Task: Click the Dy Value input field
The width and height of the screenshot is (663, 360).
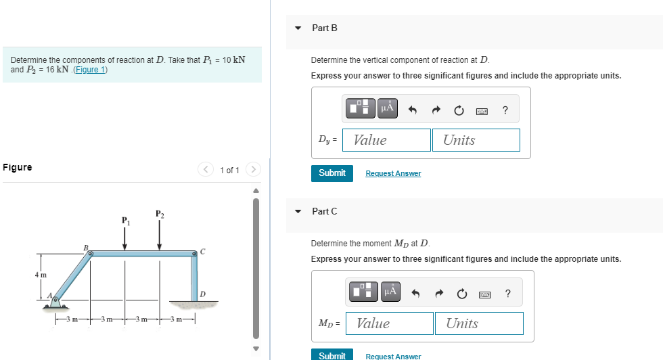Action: click(x=386, y=140)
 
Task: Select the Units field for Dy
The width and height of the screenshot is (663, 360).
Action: click(x=476, y=140)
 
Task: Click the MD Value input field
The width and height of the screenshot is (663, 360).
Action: click(x=389, y=323)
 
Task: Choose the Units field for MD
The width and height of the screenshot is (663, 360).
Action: click(x=479, y=323)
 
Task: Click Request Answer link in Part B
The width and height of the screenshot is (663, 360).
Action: click(x=393, y=174)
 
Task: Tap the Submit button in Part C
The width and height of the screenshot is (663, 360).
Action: click(x=331, y=355)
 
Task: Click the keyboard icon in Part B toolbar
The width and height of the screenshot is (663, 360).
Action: click(x=482, y=109)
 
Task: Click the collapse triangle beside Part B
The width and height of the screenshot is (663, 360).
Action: click(x=298, y=28)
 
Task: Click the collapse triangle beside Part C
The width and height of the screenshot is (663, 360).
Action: click(x=298, y=211)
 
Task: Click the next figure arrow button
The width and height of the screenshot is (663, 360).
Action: click(x=253, y=170)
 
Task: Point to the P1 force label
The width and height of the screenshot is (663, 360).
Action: click(x=124, y=221)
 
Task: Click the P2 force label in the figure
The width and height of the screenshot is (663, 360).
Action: click(x=159, y=214)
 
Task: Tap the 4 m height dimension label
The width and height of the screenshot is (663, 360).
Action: click(x=41, y=275)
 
